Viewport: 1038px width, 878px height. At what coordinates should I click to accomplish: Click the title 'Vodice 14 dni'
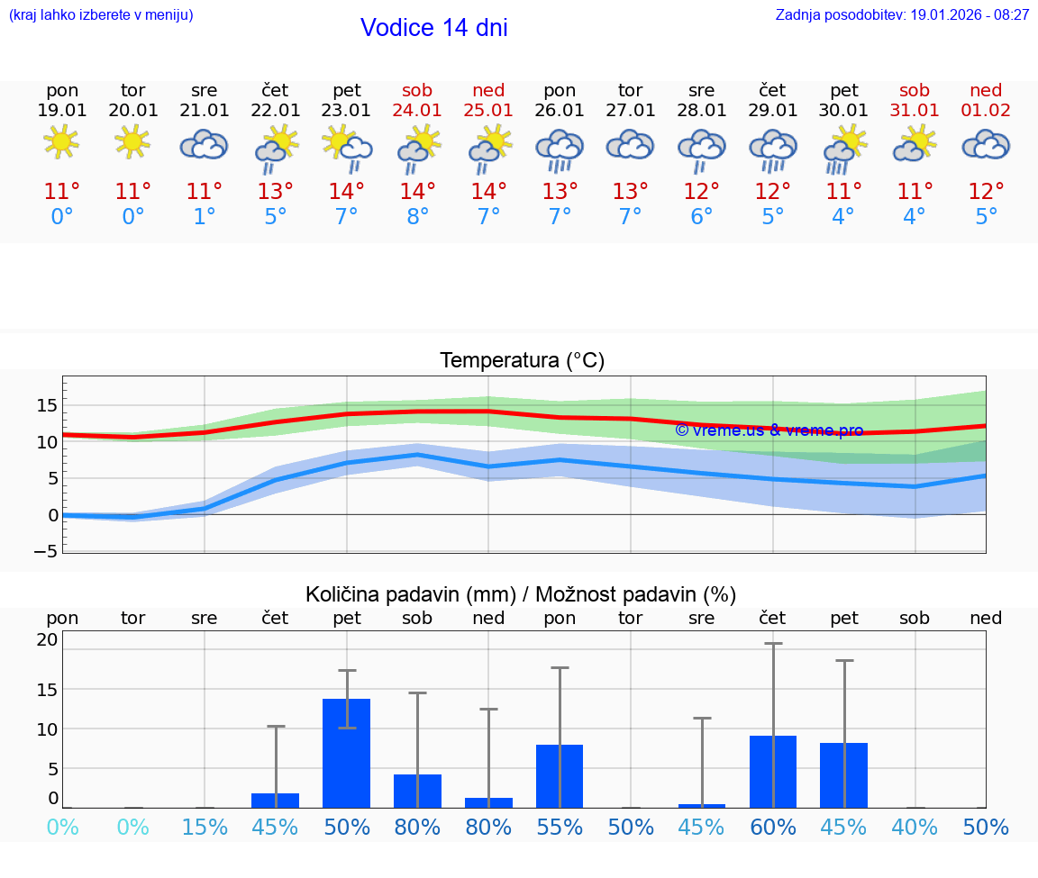[433, 28]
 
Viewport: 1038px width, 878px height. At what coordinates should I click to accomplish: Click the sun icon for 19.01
[61, 142]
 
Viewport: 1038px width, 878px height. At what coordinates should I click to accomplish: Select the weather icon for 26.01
[560, 149]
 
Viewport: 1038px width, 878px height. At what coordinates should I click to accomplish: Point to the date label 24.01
[417, 111]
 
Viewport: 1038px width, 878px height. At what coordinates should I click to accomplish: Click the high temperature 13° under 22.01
[275, 192]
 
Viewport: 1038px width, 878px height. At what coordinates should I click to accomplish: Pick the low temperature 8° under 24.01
[417, 217]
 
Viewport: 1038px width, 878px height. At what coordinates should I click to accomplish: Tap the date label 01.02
[986, 111]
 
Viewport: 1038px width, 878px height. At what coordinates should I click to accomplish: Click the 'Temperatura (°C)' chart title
[522, 361]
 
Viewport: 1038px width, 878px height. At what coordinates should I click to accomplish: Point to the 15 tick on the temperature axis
[47, 405]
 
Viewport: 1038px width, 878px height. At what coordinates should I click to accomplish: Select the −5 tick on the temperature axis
[47, 551]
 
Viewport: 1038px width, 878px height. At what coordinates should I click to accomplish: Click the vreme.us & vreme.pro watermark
[769, 430]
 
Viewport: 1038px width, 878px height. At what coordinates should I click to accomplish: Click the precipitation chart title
[521, 594]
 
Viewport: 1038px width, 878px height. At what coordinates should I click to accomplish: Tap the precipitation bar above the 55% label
[560, 775]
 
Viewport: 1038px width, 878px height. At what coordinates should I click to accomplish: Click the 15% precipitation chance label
[205, 827]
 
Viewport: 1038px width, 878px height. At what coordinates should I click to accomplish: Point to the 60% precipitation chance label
[773, 827]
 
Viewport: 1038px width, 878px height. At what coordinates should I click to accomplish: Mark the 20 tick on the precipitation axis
[47, 640]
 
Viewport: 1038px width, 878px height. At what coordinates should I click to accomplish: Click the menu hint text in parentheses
[101, 14]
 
